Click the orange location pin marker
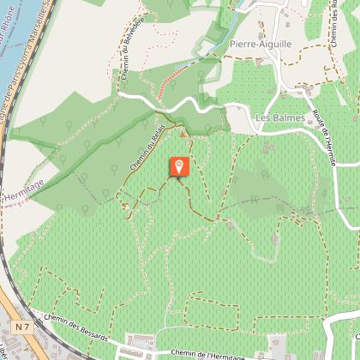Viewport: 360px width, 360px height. (x=179, y=166)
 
